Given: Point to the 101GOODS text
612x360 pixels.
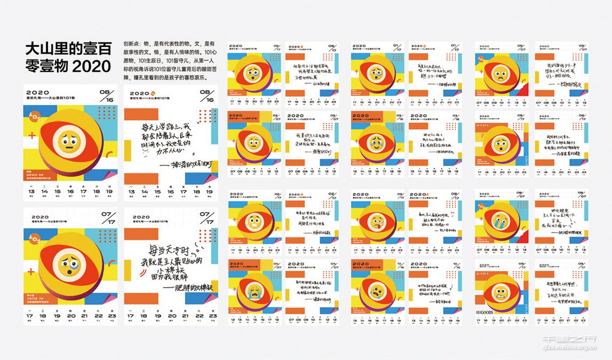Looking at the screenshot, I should [x=484, y=313].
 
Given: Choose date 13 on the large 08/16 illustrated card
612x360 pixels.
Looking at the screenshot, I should [x=31, y=191].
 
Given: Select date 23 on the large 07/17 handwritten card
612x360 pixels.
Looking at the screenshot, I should [x=213, y=316].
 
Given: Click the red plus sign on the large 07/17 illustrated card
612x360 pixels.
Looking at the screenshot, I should [x=31, y=272].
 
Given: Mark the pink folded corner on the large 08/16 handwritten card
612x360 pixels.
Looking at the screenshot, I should [x=213, y=178].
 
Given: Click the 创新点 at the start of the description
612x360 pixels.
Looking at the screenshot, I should [x=131, y=44].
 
